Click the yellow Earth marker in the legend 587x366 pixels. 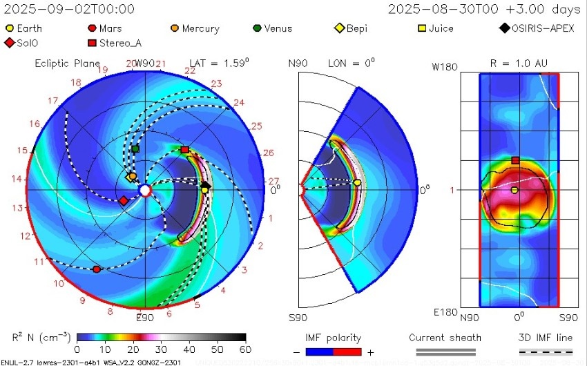coord(10,29)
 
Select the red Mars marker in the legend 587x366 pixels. coord(92,29)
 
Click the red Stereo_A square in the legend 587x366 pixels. coord(92,44)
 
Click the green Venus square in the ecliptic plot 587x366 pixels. coord(135,148)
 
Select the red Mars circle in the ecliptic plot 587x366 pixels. coord(96,269)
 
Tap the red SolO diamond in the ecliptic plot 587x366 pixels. coord(123,201)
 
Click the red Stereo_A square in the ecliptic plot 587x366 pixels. coord(184,149)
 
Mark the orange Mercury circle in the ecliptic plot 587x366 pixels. coord(132,177)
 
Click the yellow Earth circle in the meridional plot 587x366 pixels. coord(357,182)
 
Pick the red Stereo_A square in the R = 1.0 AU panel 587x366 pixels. coord(515,160)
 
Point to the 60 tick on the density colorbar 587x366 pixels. coord(244,348)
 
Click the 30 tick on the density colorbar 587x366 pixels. coord(160,348)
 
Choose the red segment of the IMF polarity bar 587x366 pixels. coord(348,352)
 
